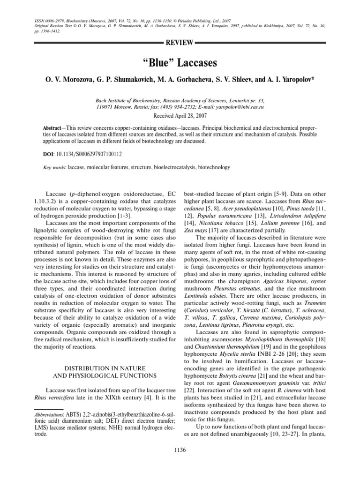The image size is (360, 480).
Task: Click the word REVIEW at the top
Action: coord(180,43)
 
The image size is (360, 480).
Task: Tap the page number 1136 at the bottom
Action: coord(180,450)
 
